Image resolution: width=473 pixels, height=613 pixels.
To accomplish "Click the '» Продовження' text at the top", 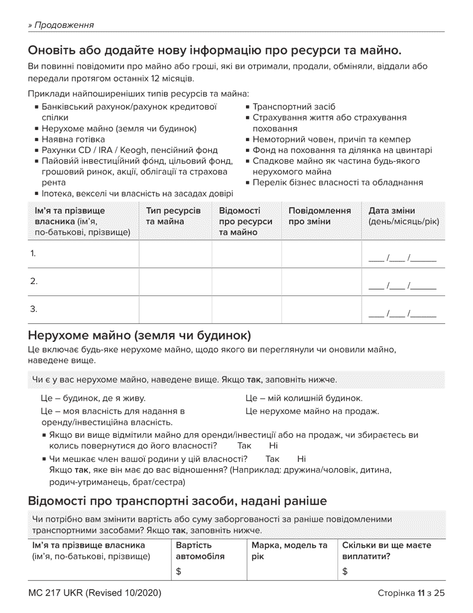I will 61,25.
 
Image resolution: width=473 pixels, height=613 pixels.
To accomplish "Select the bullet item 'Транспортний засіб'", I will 294,107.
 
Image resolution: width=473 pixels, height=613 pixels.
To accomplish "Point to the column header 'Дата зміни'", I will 391,210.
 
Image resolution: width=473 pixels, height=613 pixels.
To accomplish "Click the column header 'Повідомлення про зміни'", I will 320,216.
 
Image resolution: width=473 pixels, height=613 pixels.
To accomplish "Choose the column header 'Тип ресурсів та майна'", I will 173,216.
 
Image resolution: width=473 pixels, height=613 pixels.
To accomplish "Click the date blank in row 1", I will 402,259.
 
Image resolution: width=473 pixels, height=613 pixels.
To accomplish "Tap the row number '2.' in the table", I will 34,282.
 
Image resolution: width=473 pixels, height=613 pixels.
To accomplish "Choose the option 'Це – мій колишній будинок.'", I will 304,398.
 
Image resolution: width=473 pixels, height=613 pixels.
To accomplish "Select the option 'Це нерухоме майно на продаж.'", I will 312,411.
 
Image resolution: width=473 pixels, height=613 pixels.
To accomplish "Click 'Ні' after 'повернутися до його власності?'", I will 273,445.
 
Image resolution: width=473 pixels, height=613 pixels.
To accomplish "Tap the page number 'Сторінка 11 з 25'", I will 411,593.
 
